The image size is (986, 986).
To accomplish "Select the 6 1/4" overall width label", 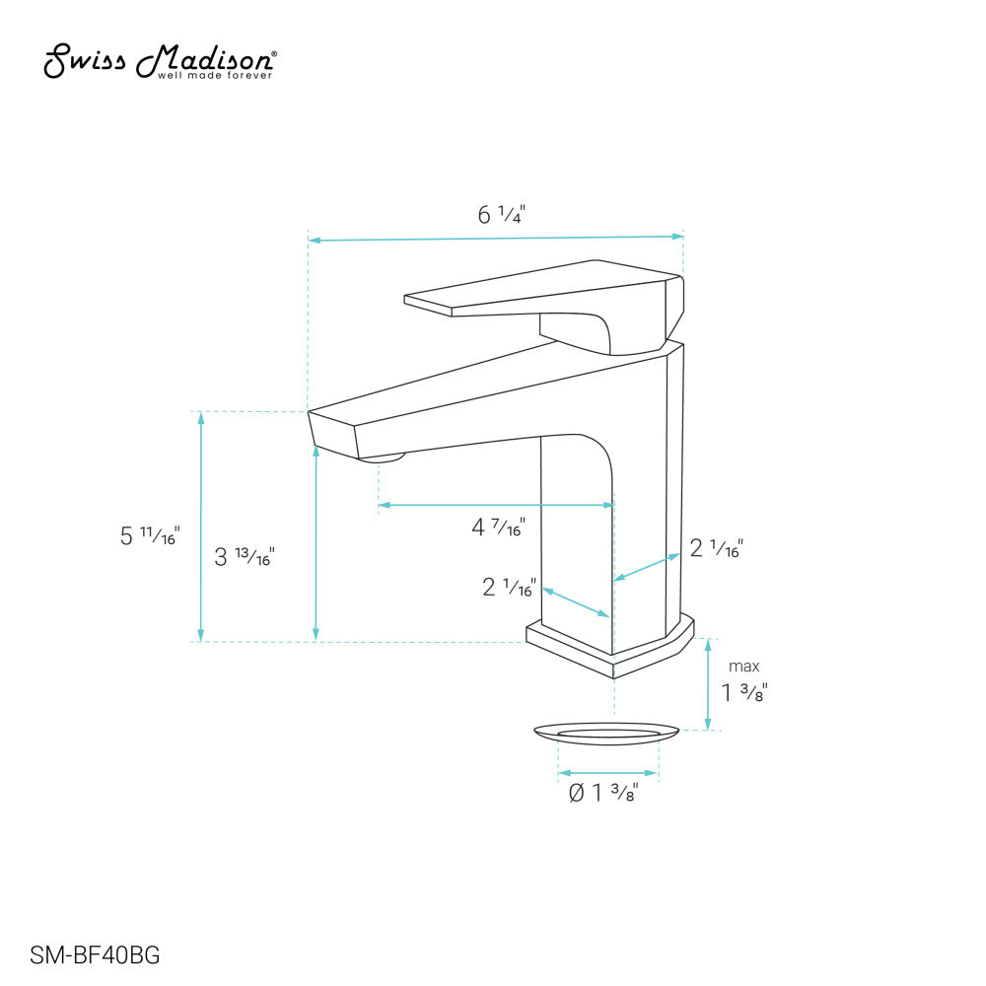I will tap(502, 214).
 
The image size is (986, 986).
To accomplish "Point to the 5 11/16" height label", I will tap(149, 535).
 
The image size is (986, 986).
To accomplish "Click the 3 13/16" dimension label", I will tap(244, 557).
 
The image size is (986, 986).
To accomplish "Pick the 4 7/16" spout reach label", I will tap(498, 528).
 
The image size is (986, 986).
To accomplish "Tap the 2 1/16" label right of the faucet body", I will tap(716, 548).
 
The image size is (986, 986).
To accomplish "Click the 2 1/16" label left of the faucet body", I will tap(509, 588).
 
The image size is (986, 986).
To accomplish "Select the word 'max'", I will tap(744, 668).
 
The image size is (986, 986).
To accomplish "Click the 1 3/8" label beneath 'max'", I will tap(744, 692).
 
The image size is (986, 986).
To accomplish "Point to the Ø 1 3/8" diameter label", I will tap(603, 792).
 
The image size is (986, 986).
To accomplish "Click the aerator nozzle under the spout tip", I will tap(382, 457).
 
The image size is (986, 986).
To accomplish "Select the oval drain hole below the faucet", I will tap(607, 732).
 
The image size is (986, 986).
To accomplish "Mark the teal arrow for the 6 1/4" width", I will tap(495, 238).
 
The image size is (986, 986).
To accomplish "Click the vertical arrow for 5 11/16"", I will tap(201, 527).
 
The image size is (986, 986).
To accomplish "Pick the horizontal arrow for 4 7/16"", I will tap(496, 505).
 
